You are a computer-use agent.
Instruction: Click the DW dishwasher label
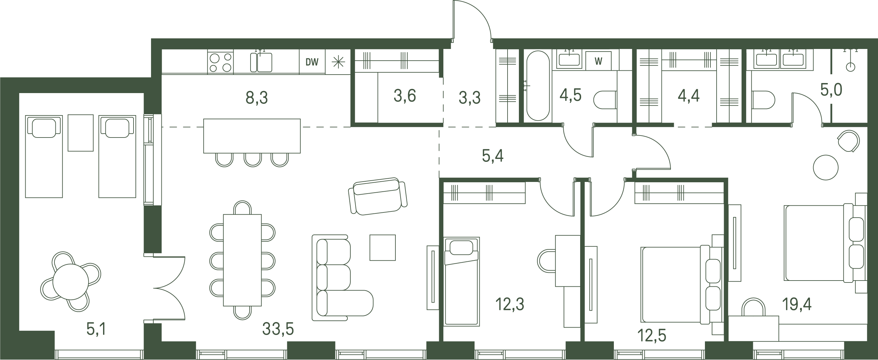coord(312,62)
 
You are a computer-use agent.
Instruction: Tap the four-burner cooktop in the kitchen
coord(220,62)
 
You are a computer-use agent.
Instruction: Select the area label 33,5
coord(278,329)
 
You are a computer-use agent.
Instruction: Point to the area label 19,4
coord(797,305)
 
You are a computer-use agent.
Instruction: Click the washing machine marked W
coord(598,61)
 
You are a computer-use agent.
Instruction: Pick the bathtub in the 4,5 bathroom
coord(538,86)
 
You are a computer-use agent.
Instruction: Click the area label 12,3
coord(509,304)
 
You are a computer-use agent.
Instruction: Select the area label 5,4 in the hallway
coord(493,156)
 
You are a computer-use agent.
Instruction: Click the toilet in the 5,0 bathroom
coord(763,100)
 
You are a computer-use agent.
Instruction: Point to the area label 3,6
coord(404,96)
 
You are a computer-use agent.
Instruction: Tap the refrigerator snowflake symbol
coord(338,62)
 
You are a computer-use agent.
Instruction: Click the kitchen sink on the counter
coord(261,62)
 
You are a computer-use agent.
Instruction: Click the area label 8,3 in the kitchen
coord(257,98)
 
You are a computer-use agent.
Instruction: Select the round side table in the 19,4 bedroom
coord(825,167)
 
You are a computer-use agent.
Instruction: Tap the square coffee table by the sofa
coord(383,247)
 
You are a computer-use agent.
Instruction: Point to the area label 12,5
coord(652,335)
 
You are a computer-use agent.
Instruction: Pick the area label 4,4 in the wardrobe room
coord(688,96)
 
